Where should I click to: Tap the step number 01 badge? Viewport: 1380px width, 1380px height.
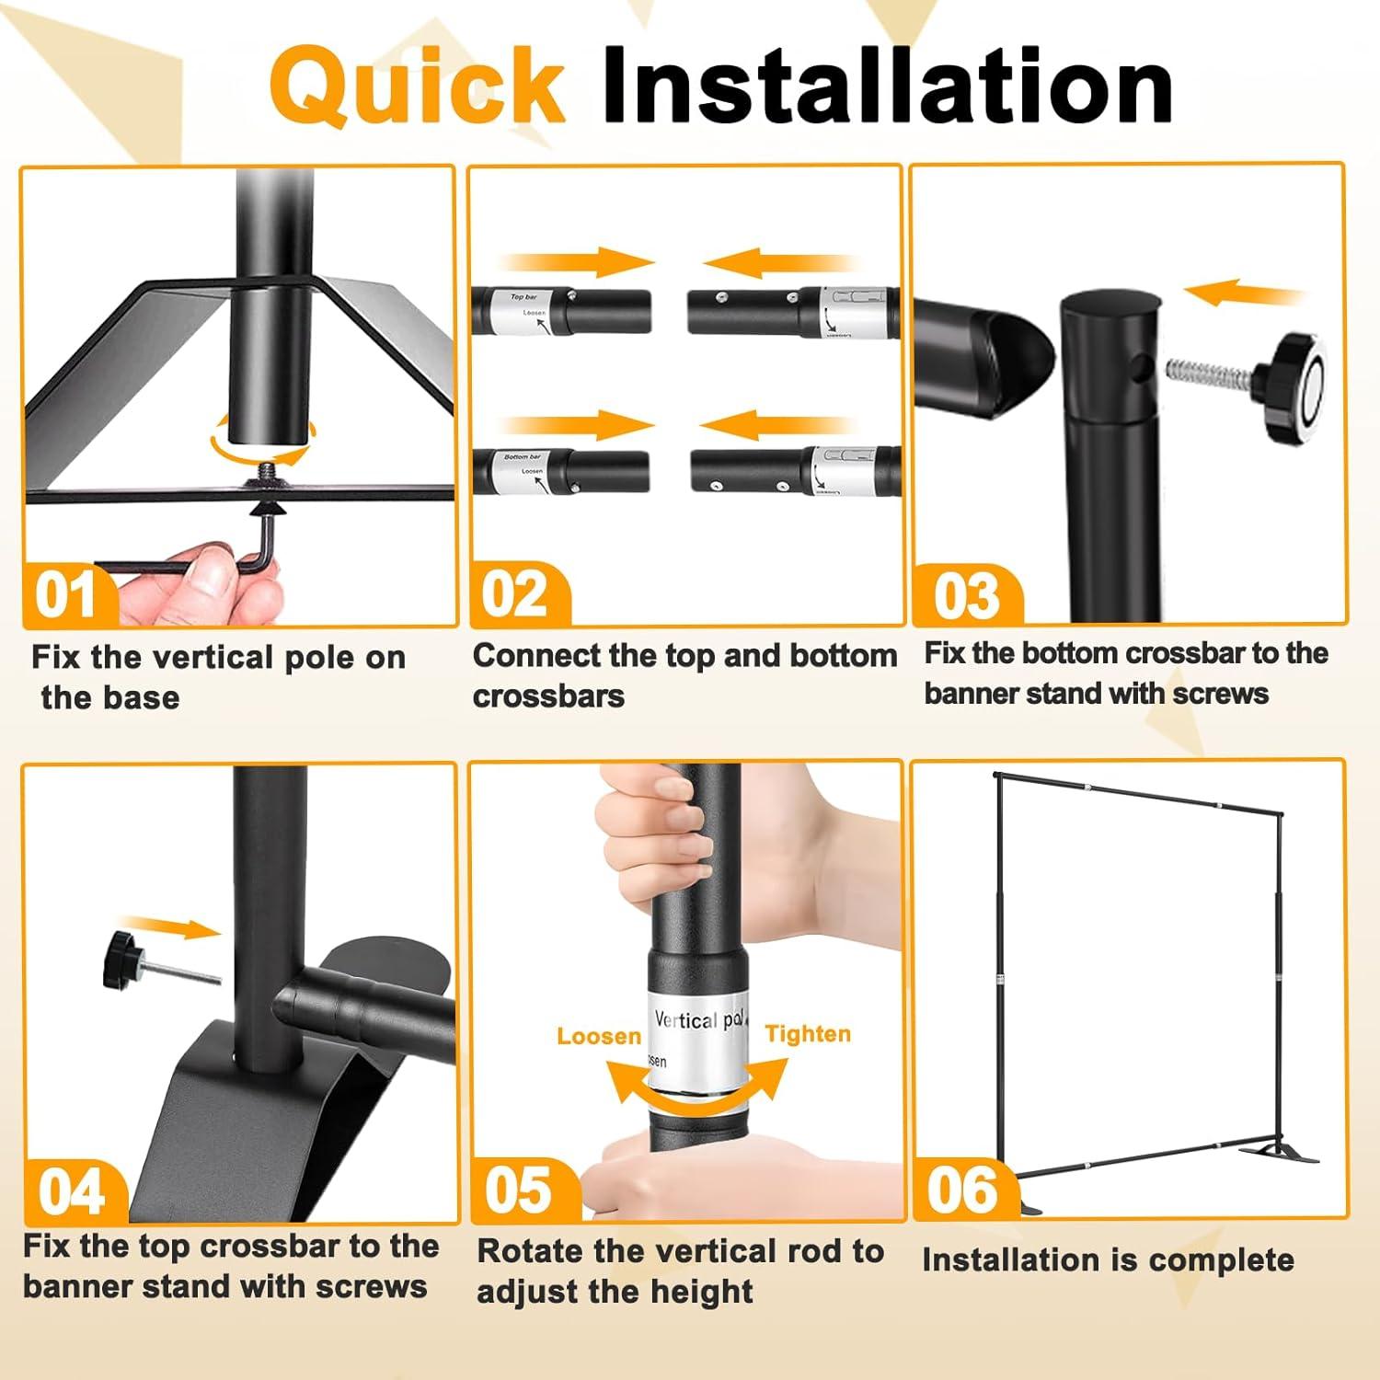[x=66, y=595]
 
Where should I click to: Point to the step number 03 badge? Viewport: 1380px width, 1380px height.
[x=966, y=595]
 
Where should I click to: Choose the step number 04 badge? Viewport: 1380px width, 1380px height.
[x=72, y=1191]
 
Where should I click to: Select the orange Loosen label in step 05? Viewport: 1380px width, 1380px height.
[x=599, y=1036]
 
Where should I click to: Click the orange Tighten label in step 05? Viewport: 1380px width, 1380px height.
[x=808, y=1034]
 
